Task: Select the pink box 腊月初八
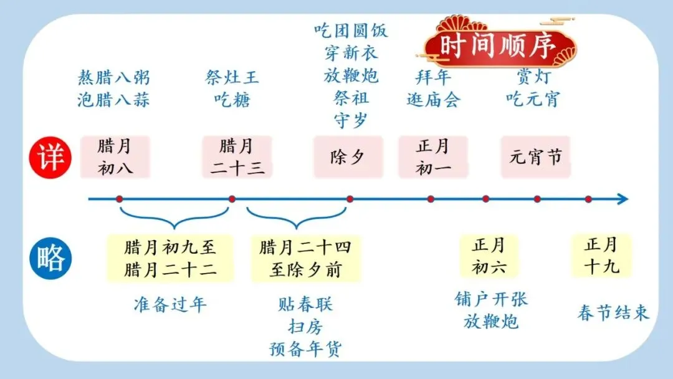115,157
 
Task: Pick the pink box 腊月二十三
237,157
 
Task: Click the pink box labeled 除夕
348,156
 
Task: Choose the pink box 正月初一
433,157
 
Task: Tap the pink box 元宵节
536,156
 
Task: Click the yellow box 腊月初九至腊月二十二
170,258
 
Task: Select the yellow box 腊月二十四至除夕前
305,258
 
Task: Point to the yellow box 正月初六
489,256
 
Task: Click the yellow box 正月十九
601,256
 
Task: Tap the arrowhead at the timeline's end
623,199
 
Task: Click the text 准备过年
170,304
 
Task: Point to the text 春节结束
613,312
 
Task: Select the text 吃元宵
533,99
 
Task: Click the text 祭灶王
232,78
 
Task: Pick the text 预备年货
305,348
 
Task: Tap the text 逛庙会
434,99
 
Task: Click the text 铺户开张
491,299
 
